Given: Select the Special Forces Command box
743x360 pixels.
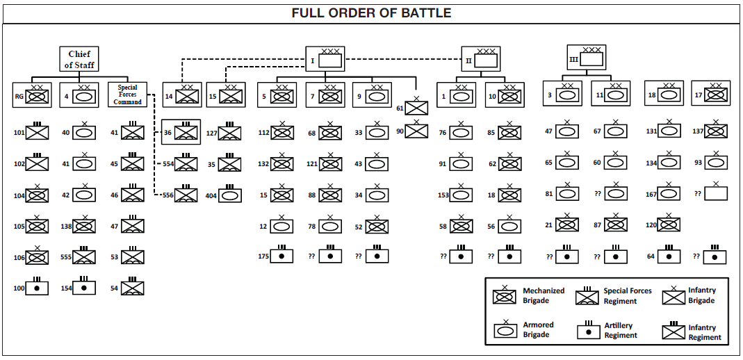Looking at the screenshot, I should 128,95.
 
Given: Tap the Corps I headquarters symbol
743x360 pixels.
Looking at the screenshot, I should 330,60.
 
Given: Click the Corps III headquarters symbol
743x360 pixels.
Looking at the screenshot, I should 591,59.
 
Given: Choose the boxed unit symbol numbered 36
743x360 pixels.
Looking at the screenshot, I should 186,132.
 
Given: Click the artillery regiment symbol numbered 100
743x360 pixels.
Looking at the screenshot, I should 38,287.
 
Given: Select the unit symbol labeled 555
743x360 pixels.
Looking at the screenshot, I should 84,256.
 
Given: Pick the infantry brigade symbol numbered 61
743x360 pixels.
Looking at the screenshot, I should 416,107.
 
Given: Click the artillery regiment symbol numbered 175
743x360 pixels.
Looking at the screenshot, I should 281,255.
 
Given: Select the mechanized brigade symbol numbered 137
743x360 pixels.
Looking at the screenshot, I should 715,130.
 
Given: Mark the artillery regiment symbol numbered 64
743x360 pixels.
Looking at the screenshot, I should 669,255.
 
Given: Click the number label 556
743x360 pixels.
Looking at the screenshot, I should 168,195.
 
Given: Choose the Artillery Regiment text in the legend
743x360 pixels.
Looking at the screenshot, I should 620,330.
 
